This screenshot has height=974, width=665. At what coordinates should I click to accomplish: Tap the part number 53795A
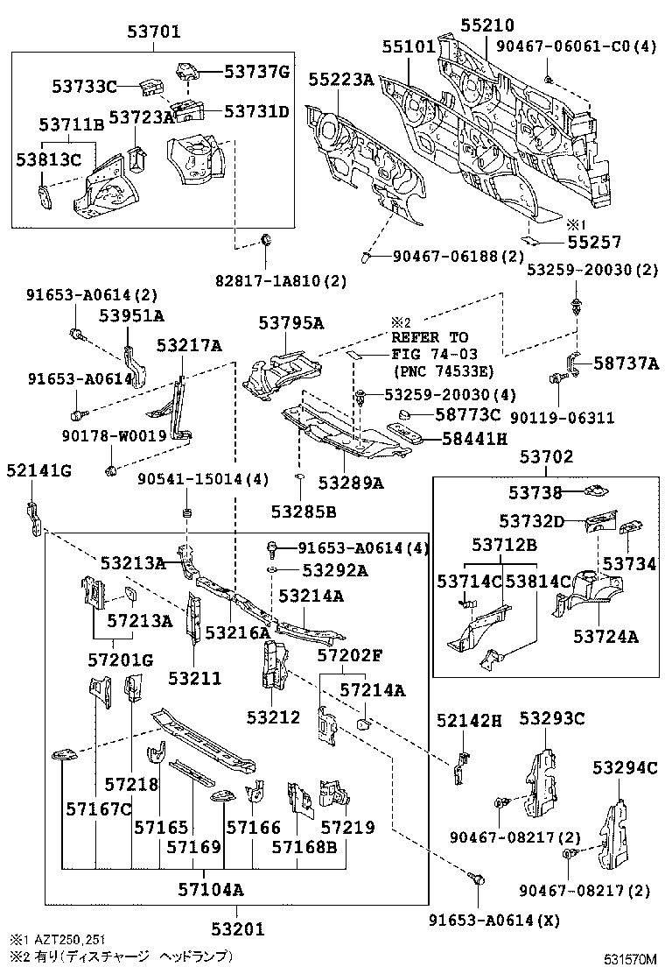click(291, 323)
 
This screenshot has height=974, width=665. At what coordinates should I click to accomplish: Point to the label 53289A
click(351, 482)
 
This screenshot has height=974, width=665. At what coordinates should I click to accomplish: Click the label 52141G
click(38, 470)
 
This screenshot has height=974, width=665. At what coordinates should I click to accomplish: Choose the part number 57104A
click(209, 890)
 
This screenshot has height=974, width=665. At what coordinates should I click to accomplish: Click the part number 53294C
click(624, 768)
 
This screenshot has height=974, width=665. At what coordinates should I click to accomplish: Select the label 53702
click(546, 456)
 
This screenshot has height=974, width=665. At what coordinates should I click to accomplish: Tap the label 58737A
click(625, 363)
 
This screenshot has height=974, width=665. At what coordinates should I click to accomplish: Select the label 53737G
click(256, 72)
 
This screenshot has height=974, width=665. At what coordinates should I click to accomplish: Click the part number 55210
click(487, 26)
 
